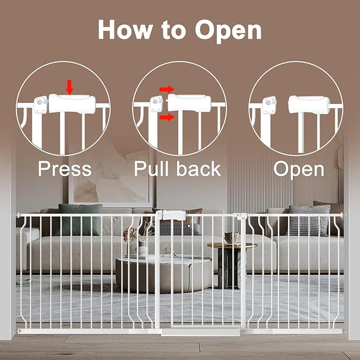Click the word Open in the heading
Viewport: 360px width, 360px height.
(228, 30)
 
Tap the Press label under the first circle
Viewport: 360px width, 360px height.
(64, 169)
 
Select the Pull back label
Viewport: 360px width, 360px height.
(177, 169)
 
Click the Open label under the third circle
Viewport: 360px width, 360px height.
(299, 169)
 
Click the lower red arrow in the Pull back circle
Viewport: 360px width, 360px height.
(166, 117)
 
